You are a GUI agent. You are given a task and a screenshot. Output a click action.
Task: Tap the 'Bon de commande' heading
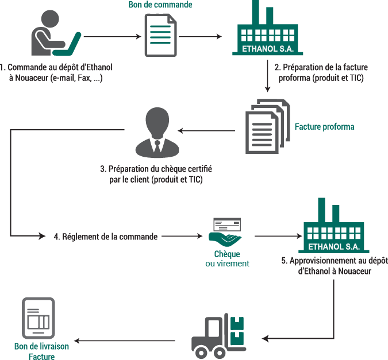coord(160,5)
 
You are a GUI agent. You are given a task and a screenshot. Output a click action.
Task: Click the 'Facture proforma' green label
coord(324,126)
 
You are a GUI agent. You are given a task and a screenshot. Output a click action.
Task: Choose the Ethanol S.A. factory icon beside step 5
coord(334,227)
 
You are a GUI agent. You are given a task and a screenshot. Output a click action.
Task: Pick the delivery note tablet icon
coord(38,318)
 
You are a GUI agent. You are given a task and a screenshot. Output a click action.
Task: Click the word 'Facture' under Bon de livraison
coord(41,357)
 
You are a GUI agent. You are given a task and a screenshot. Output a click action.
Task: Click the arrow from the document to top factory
coord(200,37)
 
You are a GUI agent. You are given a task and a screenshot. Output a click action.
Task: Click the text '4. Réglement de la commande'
coord(105,236)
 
